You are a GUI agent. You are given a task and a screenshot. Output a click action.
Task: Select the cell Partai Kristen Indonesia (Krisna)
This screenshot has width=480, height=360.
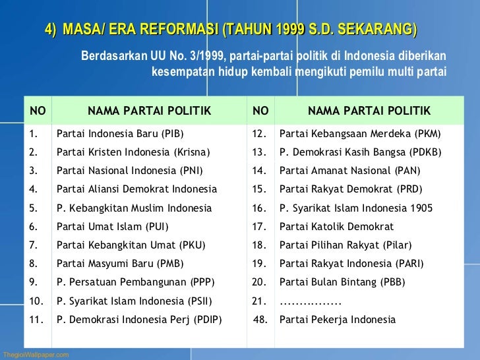pos(133,152)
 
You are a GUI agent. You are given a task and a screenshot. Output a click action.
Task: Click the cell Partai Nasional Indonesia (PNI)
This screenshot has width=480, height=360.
pos(129,171)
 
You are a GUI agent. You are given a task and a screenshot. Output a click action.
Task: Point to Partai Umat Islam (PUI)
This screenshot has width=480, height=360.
pos(112,227)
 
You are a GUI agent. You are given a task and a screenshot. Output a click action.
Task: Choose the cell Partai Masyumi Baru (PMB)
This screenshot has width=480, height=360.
pos(120,264)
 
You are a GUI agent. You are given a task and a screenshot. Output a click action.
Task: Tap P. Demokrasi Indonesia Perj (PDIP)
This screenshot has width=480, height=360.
pos(139,320)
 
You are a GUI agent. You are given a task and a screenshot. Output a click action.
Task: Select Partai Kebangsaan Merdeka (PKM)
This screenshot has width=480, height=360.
pos(359,134)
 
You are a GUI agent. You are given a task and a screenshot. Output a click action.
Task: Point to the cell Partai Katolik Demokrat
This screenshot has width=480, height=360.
pos(336,227)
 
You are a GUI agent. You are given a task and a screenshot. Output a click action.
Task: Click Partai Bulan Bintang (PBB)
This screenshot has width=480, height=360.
pos(342,282)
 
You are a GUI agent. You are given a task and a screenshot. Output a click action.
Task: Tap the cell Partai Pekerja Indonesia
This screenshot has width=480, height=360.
pos(338,320)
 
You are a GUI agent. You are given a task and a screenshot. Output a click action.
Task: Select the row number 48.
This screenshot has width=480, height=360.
pos(261,320)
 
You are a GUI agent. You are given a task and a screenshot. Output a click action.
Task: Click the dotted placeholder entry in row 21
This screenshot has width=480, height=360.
pos(310,303)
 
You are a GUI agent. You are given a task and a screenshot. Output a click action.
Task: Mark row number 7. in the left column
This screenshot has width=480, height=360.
pos(33,245)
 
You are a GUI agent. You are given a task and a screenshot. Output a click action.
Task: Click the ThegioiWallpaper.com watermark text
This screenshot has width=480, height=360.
pos(36,355)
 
